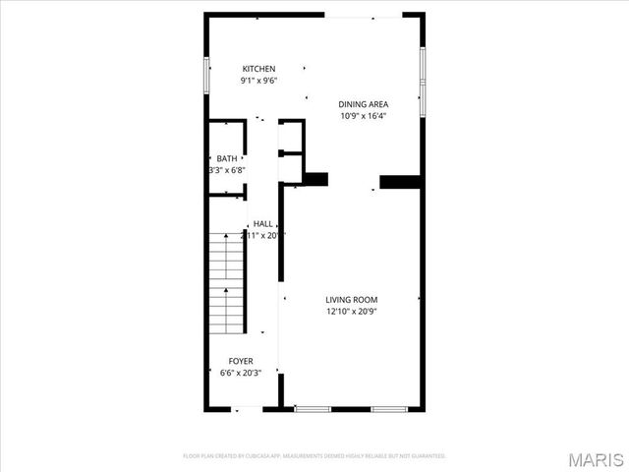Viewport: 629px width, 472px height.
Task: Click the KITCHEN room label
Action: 259,69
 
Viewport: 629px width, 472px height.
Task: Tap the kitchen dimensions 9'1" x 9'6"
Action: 259,81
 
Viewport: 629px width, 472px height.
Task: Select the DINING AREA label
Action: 363,104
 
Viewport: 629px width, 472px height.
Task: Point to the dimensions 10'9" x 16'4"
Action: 363,116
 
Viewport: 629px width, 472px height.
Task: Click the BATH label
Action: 227,158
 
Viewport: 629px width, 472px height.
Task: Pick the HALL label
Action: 263,224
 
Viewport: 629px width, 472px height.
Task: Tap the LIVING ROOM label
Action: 352,300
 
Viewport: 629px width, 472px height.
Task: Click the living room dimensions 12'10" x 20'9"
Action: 352,312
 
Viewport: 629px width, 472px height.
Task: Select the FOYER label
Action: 241,361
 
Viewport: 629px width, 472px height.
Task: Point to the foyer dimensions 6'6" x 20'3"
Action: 241,373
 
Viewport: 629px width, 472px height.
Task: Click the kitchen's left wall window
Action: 206,76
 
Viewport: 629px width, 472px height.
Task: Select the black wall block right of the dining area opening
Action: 400,181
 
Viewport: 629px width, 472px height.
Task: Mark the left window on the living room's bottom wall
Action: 313,408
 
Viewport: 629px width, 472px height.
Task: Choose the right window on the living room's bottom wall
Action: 388,408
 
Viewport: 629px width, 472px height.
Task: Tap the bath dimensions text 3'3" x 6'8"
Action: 227,170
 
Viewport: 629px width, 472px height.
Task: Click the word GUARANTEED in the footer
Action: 428,456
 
